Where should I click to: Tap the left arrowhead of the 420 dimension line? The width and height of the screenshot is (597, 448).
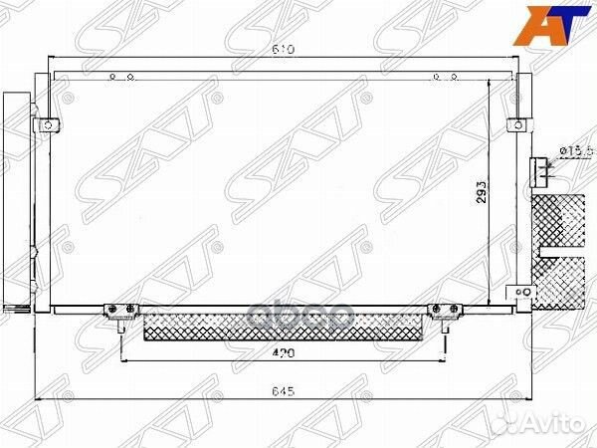point(125,357)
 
